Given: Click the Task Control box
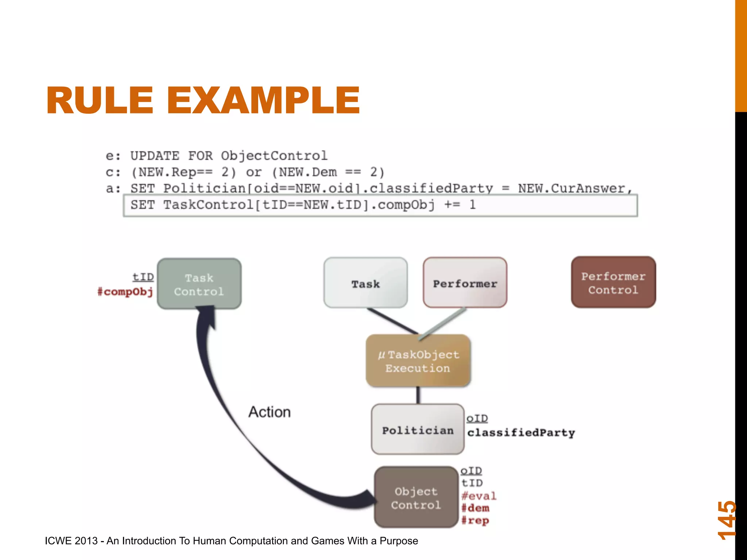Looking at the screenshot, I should pos(199,284).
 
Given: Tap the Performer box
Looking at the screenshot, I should pos(465,283).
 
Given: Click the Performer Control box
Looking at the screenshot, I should pos(613,283).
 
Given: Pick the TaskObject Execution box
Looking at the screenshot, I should pos(418,361).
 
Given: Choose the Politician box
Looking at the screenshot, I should pos(418,429).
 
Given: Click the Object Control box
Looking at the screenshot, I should pos(416,497).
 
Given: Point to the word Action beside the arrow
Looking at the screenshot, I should pos(270,412).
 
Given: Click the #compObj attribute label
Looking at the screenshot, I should pos(125,292).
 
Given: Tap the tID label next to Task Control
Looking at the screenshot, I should pos(143,277).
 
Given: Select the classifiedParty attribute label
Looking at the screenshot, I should pos(521,433).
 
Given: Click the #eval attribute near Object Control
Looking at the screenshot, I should pos(479,496).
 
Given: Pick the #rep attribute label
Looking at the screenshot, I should pos(475,520).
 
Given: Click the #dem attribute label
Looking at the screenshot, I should pos(475,508).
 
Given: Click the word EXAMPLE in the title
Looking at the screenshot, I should pos(263,100).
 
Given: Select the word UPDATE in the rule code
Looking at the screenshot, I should pos(155,156).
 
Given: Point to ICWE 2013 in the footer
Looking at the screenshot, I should pos(71,541).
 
